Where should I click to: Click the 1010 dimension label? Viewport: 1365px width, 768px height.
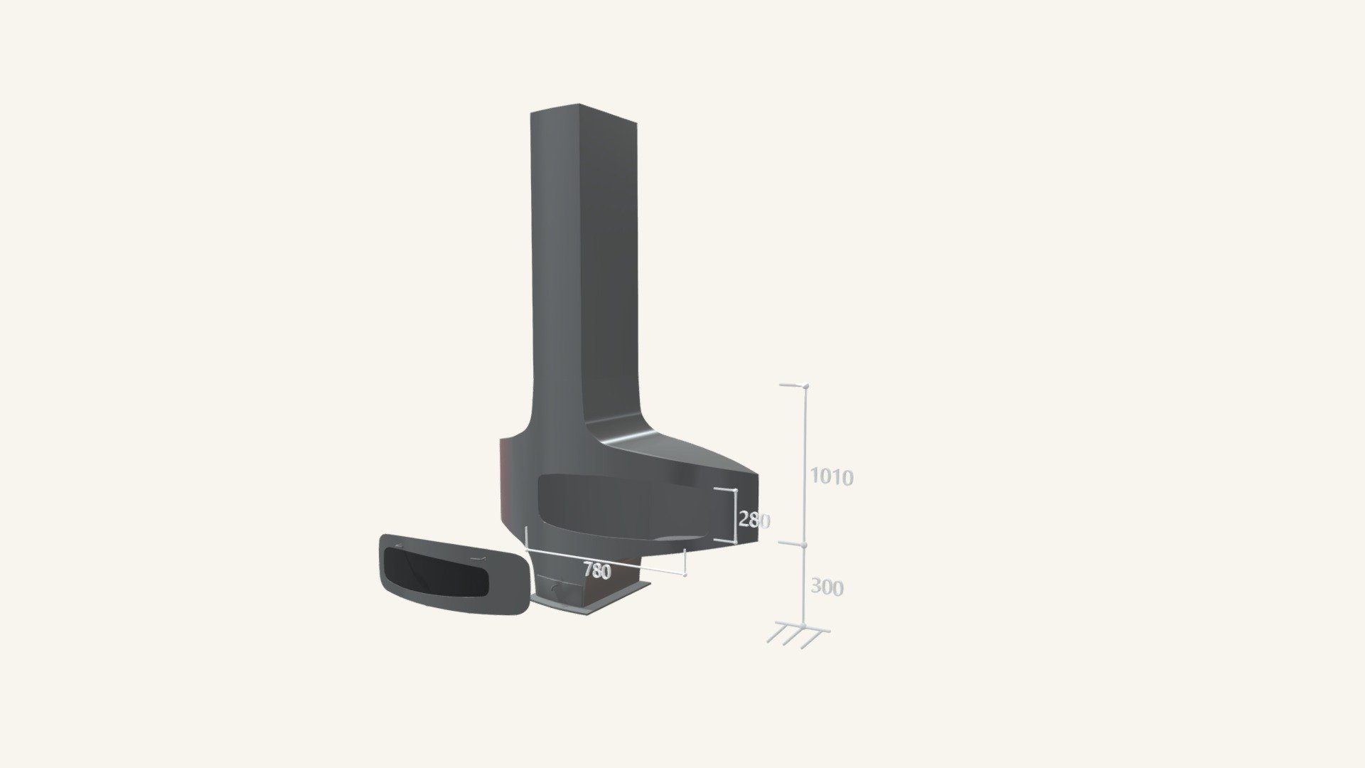(832, 477)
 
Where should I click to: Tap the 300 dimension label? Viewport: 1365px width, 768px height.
(827, 587)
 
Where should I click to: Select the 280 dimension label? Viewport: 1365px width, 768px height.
(754, 521)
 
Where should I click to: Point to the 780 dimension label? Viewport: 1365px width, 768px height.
(596, 570)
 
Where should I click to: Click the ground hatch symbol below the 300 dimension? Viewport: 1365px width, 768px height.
(798, 634)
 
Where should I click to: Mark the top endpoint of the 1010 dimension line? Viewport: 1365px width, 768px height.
(805, 386)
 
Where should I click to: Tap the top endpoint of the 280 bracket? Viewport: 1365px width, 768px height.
(735, 490)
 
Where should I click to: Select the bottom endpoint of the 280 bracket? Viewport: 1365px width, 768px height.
(734, 542)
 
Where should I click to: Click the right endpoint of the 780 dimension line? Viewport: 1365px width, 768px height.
(685, 575)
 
